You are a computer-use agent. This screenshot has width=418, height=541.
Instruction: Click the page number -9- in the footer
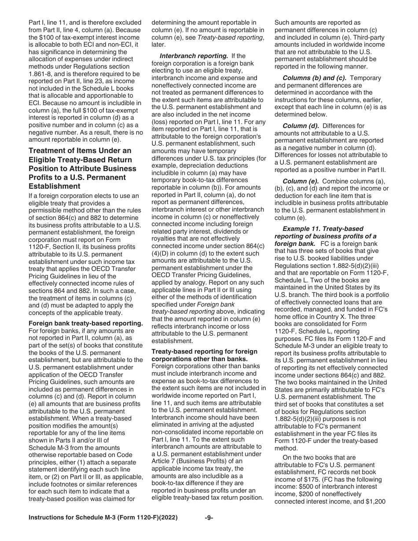coord(209,518)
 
